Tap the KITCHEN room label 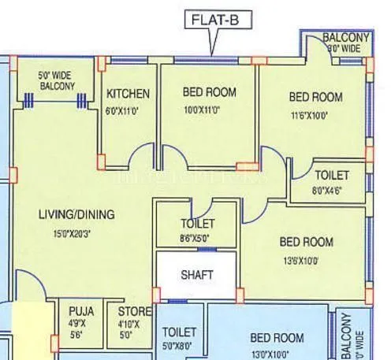[x=128, y=94]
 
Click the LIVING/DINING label [x=76, y=214]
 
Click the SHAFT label [x=196, y=275]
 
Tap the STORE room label [x=128, y=310]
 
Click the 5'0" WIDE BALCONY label [x=57, y=81]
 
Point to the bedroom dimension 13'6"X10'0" [x=306, y=258]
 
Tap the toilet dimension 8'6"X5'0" [x=196, y=238]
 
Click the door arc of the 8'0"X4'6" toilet [x=300, y=168]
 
